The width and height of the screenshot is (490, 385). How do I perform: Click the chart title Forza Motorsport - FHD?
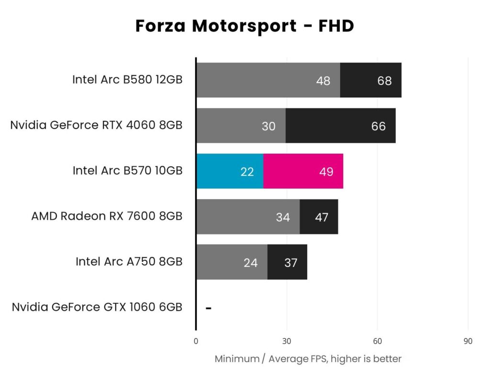pyautogui.click(x=245, y=26)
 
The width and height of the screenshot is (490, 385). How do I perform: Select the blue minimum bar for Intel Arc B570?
pyautogui.click(x=230, y=171)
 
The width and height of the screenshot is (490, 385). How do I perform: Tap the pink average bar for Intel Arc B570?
pyautogui.click(x=303, y=171)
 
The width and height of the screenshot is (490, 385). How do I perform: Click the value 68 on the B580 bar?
pyautogui.click(x=384, y=81)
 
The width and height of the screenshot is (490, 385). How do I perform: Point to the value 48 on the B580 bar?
pyautogui.click(x=323, y=81)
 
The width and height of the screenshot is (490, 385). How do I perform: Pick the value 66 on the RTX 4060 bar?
pyautogui.click(x=378, y=126)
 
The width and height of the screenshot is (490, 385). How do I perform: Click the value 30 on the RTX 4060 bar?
pyautogui.click(x=268, y=126)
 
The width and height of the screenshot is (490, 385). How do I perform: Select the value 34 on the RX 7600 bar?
pyautogui.click(x=283, y=217)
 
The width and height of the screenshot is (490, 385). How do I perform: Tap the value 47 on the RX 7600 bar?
pyautogui.click(x=322, y=217)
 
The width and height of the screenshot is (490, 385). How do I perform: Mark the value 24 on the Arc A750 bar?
pyautogui.click(x=250, y=263)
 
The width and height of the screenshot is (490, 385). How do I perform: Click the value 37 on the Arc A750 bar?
pyautogui.click(x=290, y=263)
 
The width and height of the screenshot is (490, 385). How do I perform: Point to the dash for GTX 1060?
pyautogui.click(x=208, y=308)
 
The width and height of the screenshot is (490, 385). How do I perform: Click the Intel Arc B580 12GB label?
pyautogui.click(x=127, y=80)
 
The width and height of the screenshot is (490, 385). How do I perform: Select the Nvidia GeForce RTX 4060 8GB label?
pyautogui.click(x=96, y=125)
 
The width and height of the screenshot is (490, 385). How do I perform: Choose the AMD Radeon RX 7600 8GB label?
pyautogui.click(x=107, y=216)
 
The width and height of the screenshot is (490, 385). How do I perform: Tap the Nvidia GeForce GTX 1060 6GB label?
pyautogui.click(x=97, y=307)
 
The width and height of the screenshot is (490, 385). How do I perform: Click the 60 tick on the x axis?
pyautogui.click(x=377, y=341)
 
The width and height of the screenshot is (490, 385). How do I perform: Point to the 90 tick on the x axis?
pyautogui.click(x=468, y=341)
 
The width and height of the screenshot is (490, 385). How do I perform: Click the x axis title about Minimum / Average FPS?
pyautogui.click(x=308, y=359)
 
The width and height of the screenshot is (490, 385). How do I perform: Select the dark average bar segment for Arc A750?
pyautogui.click(x=287, y=262)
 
